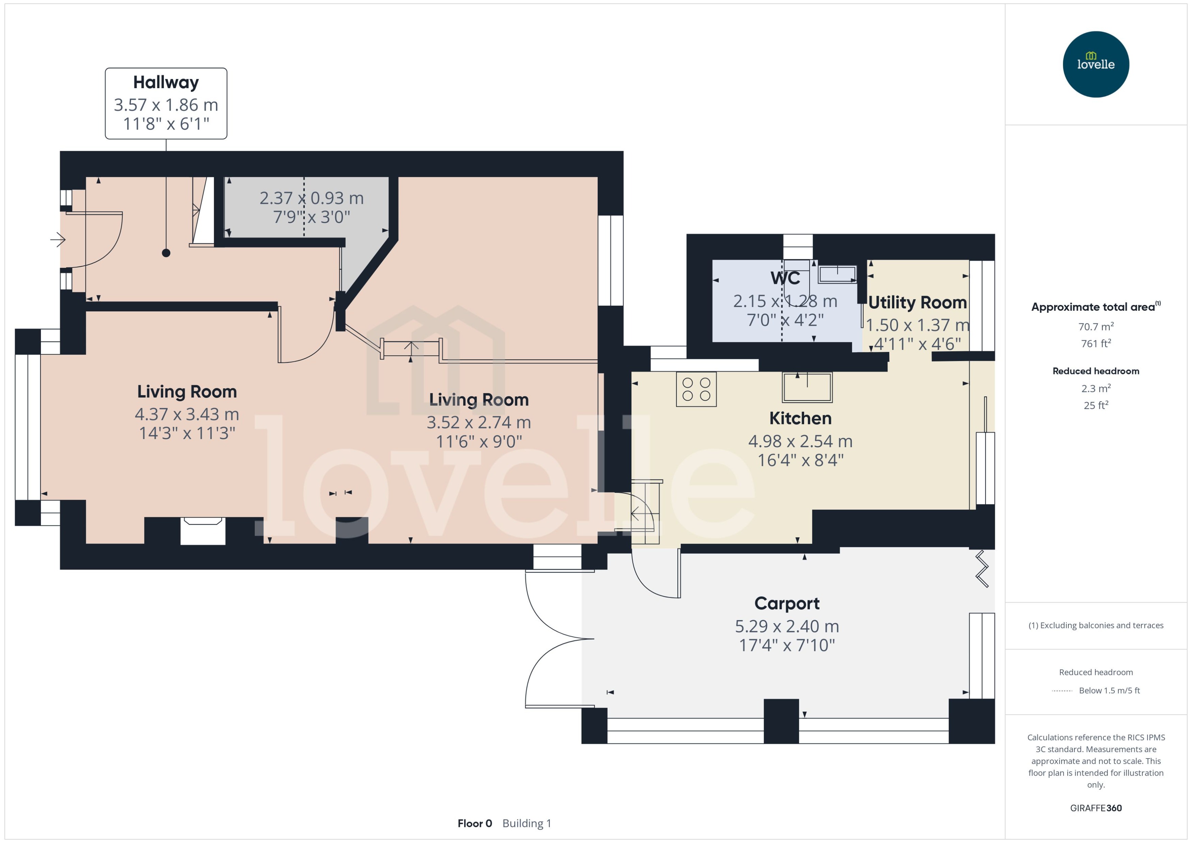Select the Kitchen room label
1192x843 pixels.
pyautogui.click(x=800, y=418)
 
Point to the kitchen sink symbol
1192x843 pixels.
pyautogui.click(x=807, y=387)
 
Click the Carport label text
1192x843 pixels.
pyautogui.click(x=786, y=603)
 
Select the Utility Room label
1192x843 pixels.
pyautogui.click(x=917, y=302)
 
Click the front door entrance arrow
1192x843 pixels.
pyautogui.click(x=58, y=240)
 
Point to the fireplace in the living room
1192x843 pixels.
pyautogui.click(x=203, y=531)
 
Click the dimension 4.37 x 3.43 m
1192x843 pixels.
pyautogui.click(x=187, y=414)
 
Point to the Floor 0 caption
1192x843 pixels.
pyautogui.click(x=474, y=823)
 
